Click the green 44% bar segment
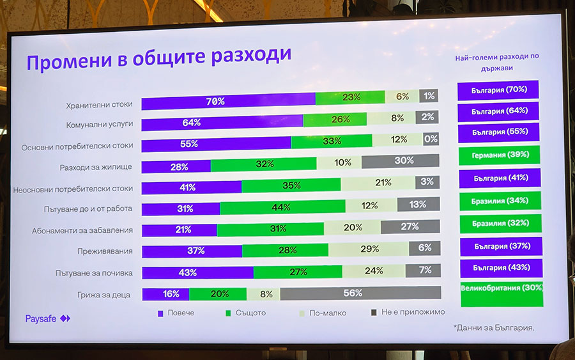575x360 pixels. (282, 207)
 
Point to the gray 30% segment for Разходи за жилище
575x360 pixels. (401, 161)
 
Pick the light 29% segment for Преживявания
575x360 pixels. (369, 249)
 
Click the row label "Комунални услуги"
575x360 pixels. (100, 126)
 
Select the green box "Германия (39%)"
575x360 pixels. (499, 155)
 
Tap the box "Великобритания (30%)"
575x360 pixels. (502, 288)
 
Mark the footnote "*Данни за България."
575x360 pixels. (494, 327)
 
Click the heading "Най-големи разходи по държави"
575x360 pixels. (497, 61)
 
